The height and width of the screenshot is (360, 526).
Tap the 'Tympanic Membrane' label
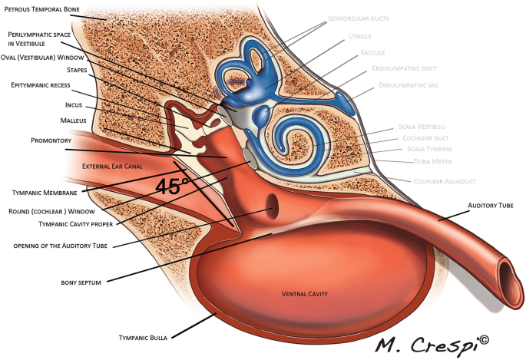point(45,191)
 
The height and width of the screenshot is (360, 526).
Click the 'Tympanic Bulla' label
point(144,338)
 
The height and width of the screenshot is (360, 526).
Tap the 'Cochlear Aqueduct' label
point(438,181)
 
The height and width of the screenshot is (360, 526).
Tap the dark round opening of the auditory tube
point(271,205)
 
